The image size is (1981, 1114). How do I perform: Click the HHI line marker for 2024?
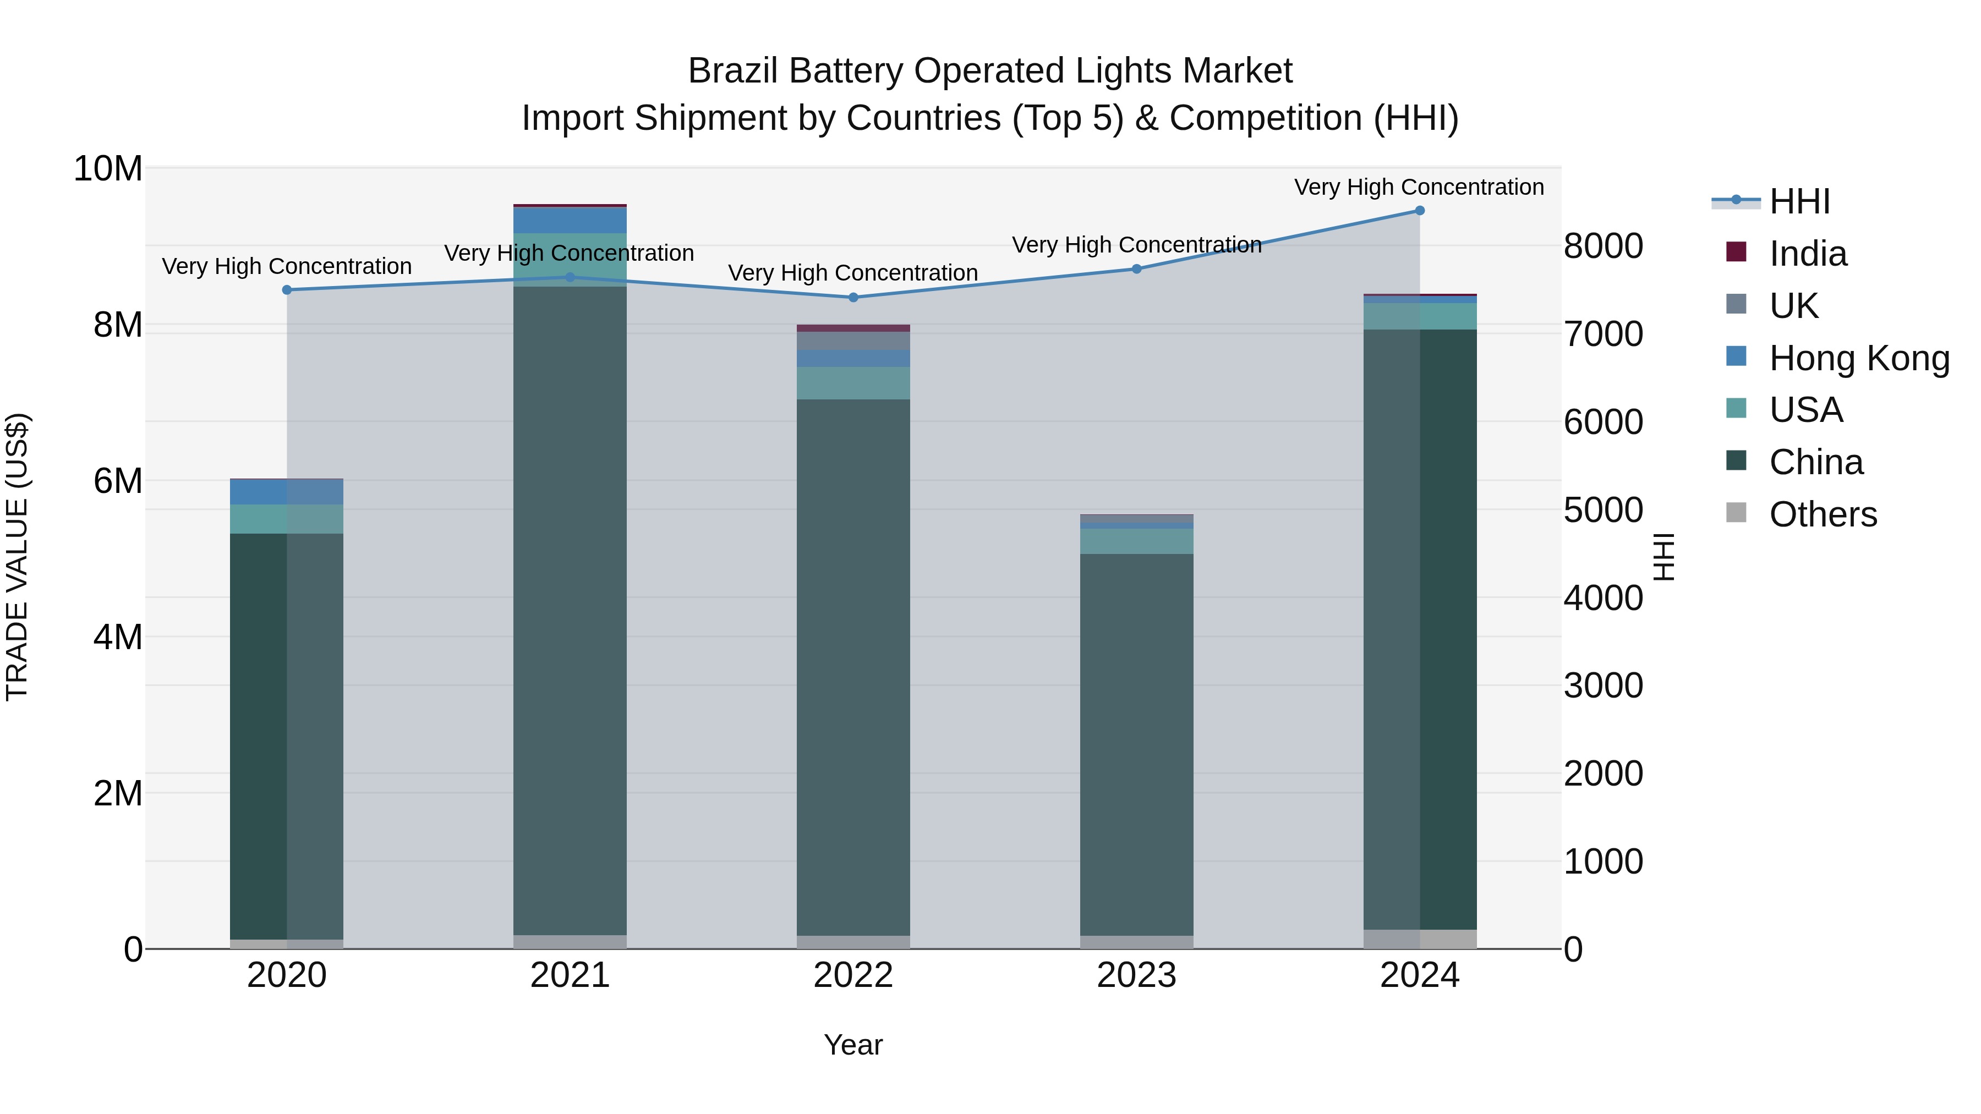pos(1420,211)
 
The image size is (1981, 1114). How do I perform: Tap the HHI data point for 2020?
pos(287,290)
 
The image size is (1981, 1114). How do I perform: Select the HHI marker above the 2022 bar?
pos(853,298)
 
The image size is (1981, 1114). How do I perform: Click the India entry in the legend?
pos(1807,254)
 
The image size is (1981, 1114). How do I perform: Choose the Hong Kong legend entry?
pos(1859,358)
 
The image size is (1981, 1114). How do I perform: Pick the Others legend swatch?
pos(1737,513)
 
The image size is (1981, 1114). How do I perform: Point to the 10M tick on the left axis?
pos(108,168)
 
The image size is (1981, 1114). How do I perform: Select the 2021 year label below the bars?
pos(570,975)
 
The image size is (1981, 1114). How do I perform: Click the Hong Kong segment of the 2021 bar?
pos(570,220)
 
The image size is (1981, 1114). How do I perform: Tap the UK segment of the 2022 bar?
pos(853,341)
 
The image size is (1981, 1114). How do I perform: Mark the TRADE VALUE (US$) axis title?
pos(18,557)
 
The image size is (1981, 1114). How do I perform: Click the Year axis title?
pos(853,1045)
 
